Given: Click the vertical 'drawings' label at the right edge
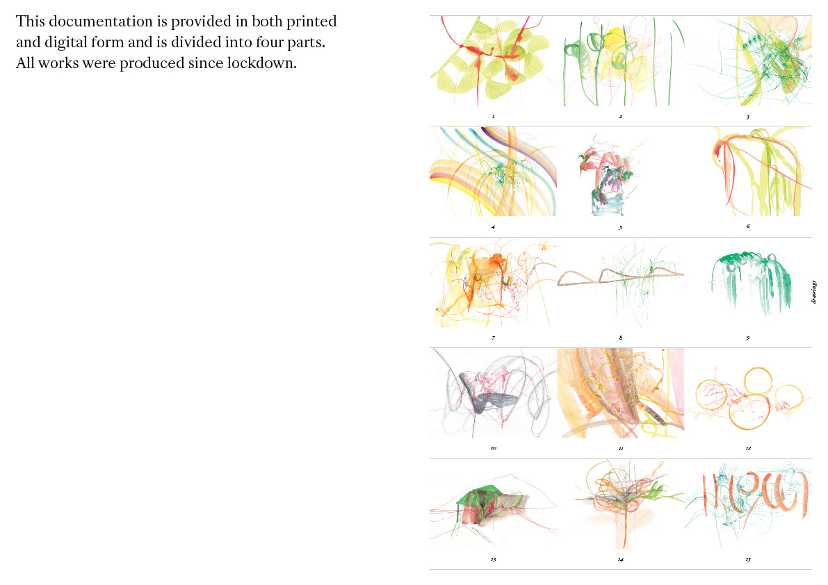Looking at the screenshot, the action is point(814,292).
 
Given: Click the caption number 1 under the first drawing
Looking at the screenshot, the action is point(493,117).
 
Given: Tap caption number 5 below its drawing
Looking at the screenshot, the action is point(620,227).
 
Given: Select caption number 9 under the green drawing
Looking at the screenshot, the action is point(748,338).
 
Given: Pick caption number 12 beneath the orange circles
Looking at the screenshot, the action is point(748,448).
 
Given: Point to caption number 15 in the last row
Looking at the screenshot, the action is point(748,559).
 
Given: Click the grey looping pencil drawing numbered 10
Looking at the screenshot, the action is point(493,393).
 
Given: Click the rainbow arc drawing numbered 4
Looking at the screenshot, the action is point(493,171).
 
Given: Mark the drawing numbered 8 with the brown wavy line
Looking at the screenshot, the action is point(620,282).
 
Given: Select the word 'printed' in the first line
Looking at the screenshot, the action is point(311,22).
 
